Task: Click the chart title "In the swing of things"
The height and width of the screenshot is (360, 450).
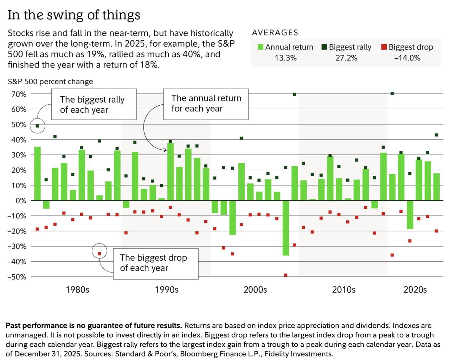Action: coord(74,15)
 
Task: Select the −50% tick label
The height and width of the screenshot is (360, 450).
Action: coord(17,277)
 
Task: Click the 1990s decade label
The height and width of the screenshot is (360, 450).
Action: coord(167,290)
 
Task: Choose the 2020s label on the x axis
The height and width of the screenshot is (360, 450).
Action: coord(415,290)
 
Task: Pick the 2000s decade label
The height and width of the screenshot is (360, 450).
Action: coord(255,290)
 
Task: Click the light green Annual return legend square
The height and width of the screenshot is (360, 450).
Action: coord(261,47)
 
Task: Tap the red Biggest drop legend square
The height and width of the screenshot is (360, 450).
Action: coord(384,47)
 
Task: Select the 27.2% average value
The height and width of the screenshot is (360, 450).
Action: coord(346,58)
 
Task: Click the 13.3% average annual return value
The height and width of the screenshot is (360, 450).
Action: coord(285,58)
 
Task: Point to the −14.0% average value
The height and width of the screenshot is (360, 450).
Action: coord(407,58)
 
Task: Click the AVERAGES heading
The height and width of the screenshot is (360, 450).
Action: coord(275,33)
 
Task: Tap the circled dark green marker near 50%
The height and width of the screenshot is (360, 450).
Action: coord(37,126)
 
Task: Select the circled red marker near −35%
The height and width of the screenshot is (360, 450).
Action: coord(99,254)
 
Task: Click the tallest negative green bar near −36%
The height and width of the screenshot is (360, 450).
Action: coord(286,228)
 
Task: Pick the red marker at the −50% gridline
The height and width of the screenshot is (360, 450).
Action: coord(285,275)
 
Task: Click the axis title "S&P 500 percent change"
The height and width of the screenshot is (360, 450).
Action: coord(50,81)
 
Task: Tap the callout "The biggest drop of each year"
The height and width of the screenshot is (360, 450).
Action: coord(154,263)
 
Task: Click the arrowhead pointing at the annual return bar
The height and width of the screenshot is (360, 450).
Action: coord(165,150)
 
